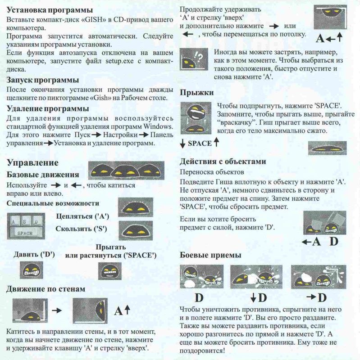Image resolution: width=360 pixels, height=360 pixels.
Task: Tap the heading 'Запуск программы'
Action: (43, 80)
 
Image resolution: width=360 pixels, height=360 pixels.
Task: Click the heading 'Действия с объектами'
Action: (223, 161)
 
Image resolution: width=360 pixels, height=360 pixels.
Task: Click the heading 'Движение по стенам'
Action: (46, 288)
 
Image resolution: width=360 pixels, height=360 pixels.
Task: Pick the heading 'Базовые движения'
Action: (44, 174)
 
